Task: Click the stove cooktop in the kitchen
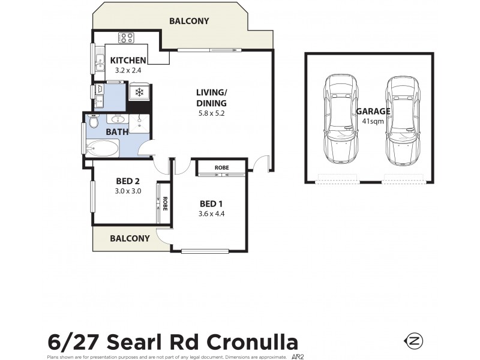click(126, 38)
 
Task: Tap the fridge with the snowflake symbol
click(139, 92)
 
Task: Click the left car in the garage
click(340, 120)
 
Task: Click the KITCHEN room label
click(128, 60)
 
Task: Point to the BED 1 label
click(211, 202)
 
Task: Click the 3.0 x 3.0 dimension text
click(127, 191)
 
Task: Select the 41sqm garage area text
click(373, 121)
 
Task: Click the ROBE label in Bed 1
click(221, 167)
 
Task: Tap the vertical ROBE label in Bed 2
click(164, 203)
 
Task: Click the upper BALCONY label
click(189, 21)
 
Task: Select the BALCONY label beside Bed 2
click(130, 238)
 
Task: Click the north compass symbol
click(415, 341)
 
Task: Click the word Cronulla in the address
click(253, 342)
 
